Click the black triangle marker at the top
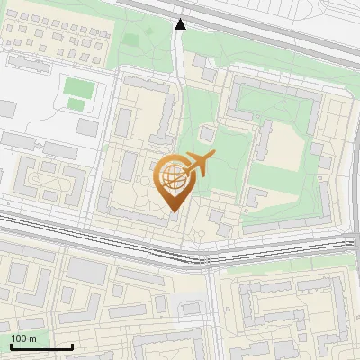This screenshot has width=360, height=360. pyautogui.click(x=181, y=24)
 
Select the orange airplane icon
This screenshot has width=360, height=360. pyautogui.click(x=200, y=164)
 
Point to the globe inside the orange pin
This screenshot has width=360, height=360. pyautogui.click(x=172, y=176)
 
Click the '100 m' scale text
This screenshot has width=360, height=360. pyautogui.click(x=24, y=338)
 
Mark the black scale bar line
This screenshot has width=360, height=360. pyautogui.click(x=41, y=346)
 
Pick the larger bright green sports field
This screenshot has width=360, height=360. pyautogui.click(x=78, y=88)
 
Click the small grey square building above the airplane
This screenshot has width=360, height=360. pyautogui.click(x=208, y=134)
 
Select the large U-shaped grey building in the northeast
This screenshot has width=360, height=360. pyautogui.click(x=270, y=99)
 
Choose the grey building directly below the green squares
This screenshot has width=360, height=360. pyautogui.click(x=87, y=128)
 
